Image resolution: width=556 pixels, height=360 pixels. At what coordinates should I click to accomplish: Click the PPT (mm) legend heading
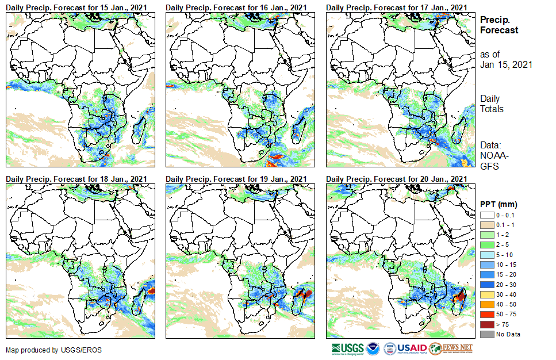tap(499, 204)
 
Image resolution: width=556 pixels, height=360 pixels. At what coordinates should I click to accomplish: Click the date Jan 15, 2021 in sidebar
tap(506, 64)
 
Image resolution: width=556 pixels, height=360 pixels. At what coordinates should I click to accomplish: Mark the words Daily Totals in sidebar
tap(493, 104)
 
